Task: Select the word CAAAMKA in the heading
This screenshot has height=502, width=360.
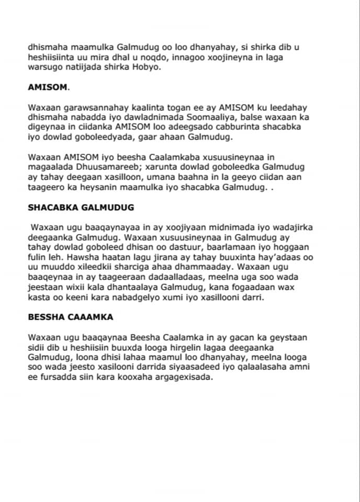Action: pyautogui.click(x=95, y=316)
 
